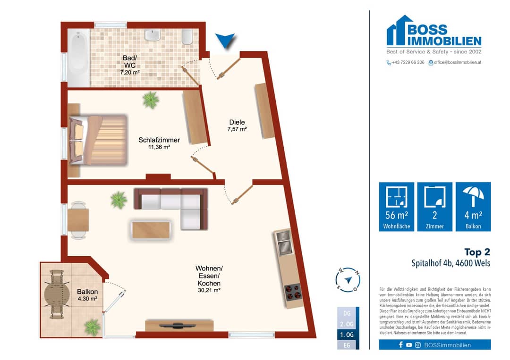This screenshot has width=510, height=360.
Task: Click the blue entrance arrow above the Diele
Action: (x=225, y=40)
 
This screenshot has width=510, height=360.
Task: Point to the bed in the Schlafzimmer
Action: (x=98, y=140)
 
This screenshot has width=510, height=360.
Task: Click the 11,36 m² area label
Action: (x=159, y=147)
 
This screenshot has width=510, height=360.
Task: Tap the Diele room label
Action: (x=237, y=122)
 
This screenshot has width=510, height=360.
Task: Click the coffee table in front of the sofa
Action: (x=151, y=230)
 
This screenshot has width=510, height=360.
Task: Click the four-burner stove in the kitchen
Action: (x=293, y=292)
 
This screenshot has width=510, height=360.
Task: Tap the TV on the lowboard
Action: (x=177, y=325)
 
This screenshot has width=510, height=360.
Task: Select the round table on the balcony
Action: (x=57, y=294)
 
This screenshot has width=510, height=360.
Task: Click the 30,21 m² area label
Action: (x=209, y=290)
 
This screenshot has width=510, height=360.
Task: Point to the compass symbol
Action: (x=348, y=279)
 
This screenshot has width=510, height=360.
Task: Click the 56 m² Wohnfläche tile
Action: (x=397, y=207)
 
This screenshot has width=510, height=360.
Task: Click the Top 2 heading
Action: (x=477, y=252)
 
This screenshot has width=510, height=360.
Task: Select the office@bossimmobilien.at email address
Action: (x=457, y=62)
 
